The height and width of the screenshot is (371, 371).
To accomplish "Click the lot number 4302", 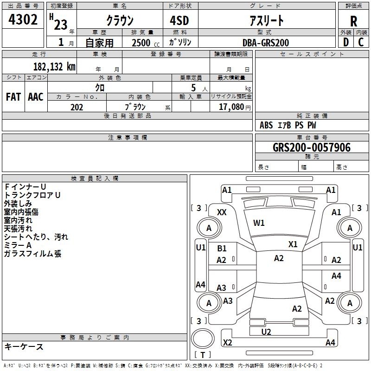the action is click(x=23, y=19).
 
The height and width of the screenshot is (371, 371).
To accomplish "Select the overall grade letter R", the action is click(x=353, y=21).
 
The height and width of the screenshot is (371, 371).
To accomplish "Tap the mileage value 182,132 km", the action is click(x=54, y=67).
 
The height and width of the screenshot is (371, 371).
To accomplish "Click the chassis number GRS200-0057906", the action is click(x=312, y=147).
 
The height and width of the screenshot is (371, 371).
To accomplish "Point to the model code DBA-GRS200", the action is click(x=266, y=43).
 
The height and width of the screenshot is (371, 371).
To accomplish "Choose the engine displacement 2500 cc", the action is click(x=146, y=43).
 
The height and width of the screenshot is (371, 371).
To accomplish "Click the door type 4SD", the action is click(x=179, y=20).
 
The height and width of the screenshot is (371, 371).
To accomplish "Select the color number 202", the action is click(x=77, y=107).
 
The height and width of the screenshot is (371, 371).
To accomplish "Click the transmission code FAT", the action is click(x=13, y=97).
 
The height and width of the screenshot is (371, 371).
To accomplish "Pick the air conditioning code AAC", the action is click(x=36, y=97).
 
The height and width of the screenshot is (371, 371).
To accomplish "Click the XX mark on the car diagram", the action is click(x=222, y=212).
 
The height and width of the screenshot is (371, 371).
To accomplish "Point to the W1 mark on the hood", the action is click(x=259, y=223).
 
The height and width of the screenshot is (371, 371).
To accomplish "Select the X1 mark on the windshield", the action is click(x=293, y=244).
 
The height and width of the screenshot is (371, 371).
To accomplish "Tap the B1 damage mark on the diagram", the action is click(x=222, y=248).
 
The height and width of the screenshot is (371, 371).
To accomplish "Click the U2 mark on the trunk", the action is click(x=266, y=332).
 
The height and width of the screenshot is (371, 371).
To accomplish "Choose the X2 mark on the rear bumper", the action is click(x=227, y=342).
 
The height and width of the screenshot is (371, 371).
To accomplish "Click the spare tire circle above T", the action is click(x=203, y=339).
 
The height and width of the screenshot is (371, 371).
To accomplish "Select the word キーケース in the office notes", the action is click(x=24, y=346).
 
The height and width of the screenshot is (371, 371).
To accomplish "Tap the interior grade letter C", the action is click(x=361, y=42).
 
